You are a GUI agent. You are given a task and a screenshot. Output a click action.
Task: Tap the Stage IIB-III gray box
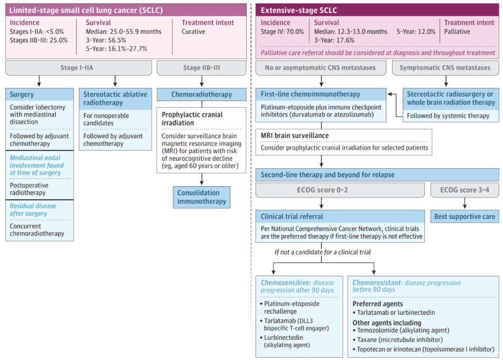(x=202, y=68)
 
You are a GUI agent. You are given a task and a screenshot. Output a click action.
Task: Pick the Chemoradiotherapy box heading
(x=202, y=95)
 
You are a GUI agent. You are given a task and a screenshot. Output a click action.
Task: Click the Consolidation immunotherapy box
(x=202, y=197)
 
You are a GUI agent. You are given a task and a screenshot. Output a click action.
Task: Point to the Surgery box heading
(x=40, y=95)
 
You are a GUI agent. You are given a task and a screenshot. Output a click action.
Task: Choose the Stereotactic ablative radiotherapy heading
(x=115, y=99)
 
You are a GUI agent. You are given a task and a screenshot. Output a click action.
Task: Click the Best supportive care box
(x=464, y=217)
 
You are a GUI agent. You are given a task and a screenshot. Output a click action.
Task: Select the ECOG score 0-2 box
(x=340, y=190)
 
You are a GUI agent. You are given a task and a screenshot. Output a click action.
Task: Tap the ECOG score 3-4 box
(x=464, y=190)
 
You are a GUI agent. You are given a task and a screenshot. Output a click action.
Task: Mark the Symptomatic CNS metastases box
(x=445, y=68)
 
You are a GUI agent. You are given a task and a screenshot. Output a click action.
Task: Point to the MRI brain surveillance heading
(x=294, y=136)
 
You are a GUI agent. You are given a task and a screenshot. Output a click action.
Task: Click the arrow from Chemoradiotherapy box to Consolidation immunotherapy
(x=202, y=179)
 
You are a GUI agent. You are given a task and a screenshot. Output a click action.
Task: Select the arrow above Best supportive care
(x=464, y=203)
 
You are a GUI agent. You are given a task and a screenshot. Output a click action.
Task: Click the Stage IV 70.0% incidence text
(x=282, y=32)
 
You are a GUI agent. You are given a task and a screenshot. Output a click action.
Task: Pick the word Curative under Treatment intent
(x=193, y=32)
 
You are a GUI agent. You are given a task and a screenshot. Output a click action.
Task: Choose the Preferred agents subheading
(x=378, y=304)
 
